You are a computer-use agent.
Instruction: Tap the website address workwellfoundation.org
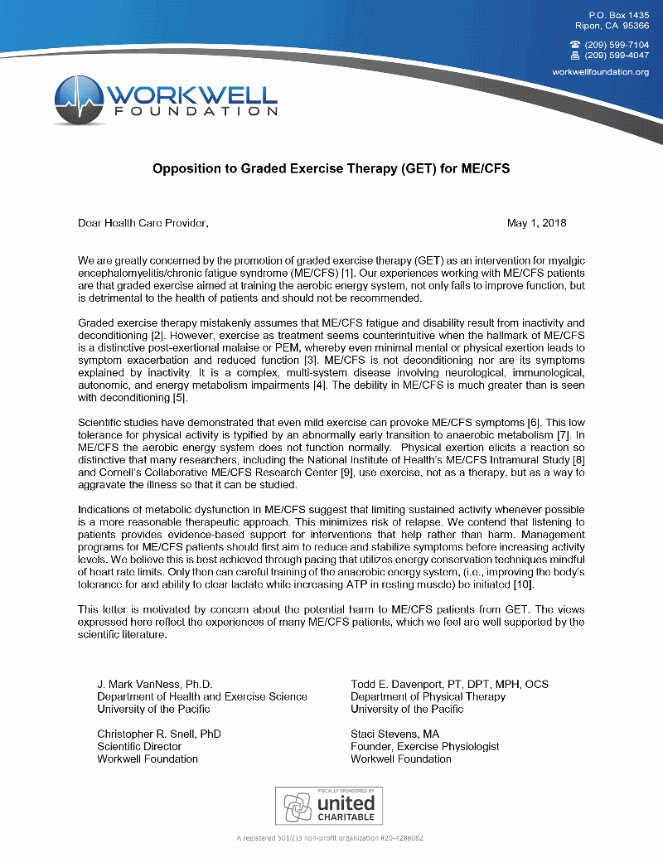601,72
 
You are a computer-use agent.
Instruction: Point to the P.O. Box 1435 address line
619,16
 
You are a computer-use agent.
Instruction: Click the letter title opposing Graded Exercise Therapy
331,168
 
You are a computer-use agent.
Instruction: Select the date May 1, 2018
537,223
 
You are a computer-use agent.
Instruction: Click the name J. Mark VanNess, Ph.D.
155,684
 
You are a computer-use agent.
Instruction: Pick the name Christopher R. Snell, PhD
159,734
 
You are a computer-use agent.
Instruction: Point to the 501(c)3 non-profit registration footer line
331,838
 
